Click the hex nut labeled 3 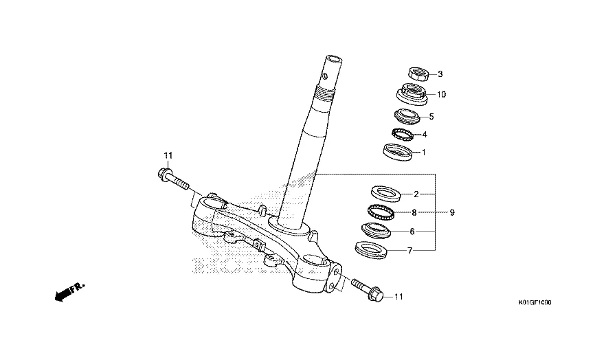(418, 74)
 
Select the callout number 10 (441, 94)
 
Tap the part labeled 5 (407, 116)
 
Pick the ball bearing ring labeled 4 (403, 135)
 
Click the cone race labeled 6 (376, 231)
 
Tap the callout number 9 (452, 212)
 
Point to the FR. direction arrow (69, 292)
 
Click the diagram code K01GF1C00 (535, 302)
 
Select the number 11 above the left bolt (168, 156)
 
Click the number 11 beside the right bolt (399, 297)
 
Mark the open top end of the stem (333, 60)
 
